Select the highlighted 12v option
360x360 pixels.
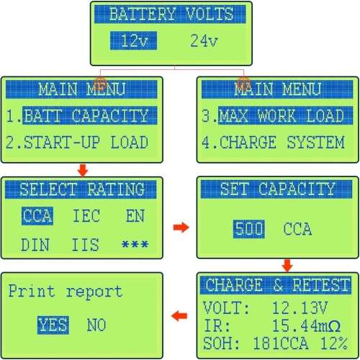(x=133, y=40)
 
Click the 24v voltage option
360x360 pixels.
(x=204, y=40)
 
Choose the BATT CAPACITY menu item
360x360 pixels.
(x=90, y=116)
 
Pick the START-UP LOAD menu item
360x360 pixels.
(x=86, y=142)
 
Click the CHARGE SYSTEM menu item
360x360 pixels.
(x=282, y=142)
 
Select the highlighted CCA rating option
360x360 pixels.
(x=37, y=216)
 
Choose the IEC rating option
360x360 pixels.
(x=86, y=216)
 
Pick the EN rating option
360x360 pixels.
(x=135, y=216)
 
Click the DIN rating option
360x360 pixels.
(x=35, y=245)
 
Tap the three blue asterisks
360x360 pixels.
(x=135, y=245)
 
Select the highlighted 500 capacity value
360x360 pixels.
(x=249, y=229)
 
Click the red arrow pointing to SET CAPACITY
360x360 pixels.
(x=181, y=227)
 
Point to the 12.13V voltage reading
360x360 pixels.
(x=300, y=307)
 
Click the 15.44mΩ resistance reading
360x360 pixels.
(x=307, y=325)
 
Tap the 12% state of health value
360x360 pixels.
(x=334, y=343)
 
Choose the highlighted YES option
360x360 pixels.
(x=53, y=325)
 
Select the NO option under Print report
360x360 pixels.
(x=96, y=325)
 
